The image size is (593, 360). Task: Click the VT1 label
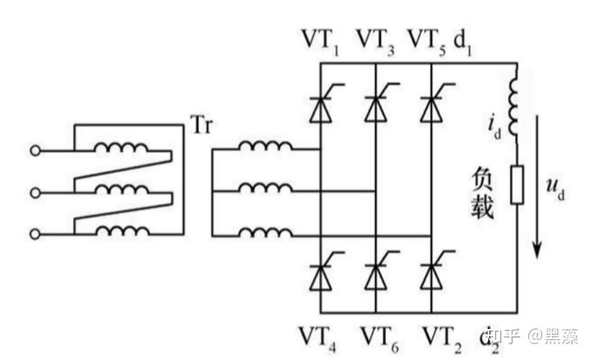coord(320,42)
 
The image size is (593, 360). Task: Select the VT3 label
coord(376,42)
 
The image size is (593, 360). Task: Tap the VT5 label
coord(427,42)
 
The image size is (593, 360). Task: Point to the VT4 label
coord(317,339)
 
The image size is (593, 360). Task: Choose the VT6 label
coord(379,339)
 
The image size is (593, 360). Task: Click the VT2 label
coord(442,339)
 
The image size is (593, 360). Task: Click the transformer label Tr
coord(201,125)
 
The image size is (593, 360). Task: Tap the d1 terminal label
coord(463,43)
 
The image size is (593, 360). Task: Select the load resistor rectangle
coord(517,185)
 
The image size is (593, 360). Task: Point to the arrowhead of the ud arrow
coord(537,251)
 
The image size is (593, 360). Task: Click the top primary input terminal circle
coord(35,151)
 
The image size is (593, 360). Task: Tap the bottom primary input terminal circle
coord(35,234)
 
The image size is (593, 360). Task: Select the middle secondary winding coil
coord(265,188)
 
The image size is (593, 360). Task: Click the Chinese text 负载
coord(482,193)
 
